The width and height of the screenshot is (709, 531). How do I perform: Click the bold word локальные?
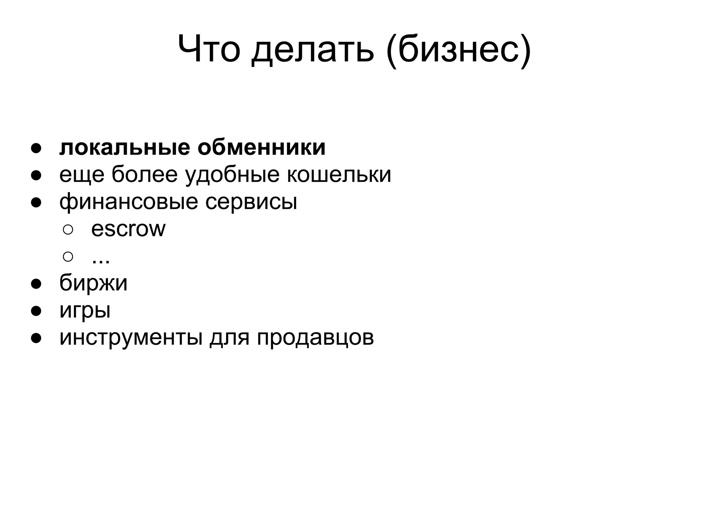125,148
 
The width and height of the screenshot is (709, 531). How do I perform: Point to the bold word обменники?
261,148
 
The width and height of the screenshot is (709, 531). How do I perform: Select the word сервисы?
251,202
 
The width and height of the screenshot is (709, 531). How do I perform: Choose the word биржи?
93,283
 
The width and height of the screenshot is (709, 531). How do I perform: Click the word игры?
85,310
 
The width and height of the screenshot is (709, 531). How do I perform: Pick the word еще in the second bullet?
82,175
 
